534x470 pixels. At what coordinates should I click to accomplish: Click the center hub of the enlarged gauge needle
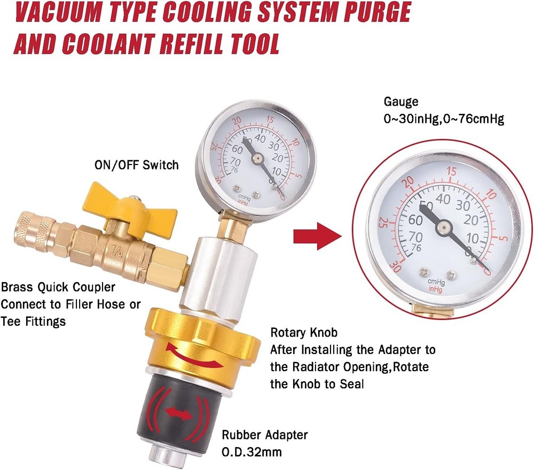(442, 226)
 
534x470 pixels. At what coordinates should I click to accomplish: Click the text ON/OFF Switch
(136, 164)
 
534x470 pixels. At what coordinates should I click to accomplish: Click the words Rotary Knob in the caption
(304, 333)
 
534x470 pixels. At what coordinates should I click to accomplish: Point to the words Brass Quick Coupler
(58, 287)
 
